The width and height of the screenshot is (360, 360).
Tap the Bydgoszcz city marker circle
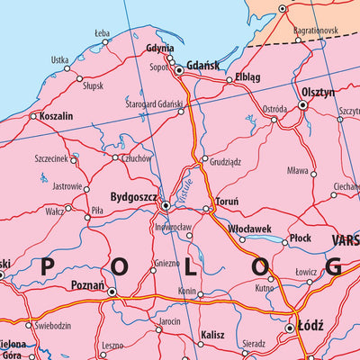165,206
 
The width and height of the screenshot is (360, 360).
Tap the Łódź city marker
290,328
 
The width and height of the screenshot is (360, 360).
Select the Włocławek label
249,229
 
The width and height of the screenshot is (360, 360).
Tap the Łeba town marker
105,41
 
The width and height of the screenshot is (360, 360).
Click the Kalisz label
212,334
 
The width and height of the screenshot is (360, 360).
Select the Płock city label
300,238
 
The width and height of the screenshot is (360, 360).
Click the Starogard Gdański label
157,104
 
